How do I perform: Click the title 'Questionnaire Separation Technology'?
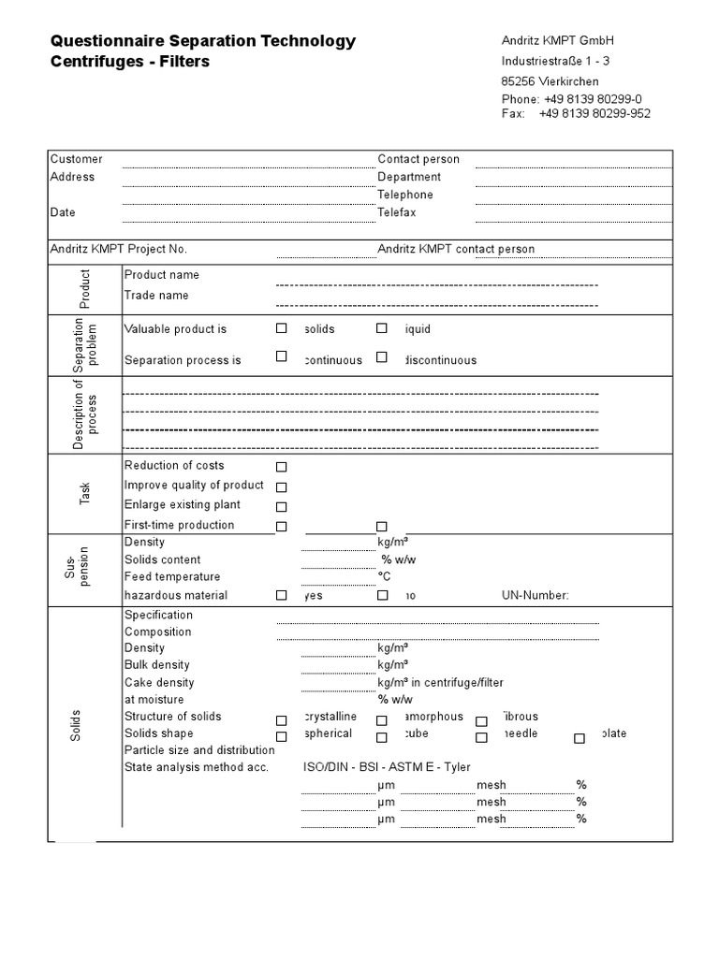pos(202,40)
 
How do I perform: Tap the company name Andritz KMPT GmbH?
pos(558,40)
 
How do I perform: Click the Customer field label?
pos(76,159)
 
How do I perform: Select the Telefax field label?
pos(397,212)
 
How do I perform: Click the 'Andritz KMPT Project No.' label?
pos(118,249)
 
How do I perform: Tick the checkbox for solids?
pos(281,328)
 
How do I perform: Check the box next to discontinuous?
pos(382,357)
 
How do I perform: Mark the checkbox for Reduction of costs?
pos(281,467)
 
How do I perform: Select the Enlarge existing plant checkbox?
pos(281,506)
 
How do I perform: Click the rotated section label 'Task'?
pos(85,494)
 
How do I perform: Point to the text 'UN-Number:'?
pos(535,595)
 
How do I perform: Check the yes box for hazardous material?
pos(281,595)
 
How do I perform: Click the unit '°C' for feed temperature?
pos(384,577)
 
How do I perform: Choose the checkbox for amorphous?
pos(382,720)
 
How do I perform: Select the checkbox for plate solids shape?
pos(580,738)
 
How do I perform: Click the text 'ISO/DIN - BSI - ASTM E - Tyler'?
pos(387,767)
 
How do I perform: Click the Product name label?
pos(161,275)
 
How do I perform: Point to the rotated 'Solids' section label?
pos(76,725)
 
